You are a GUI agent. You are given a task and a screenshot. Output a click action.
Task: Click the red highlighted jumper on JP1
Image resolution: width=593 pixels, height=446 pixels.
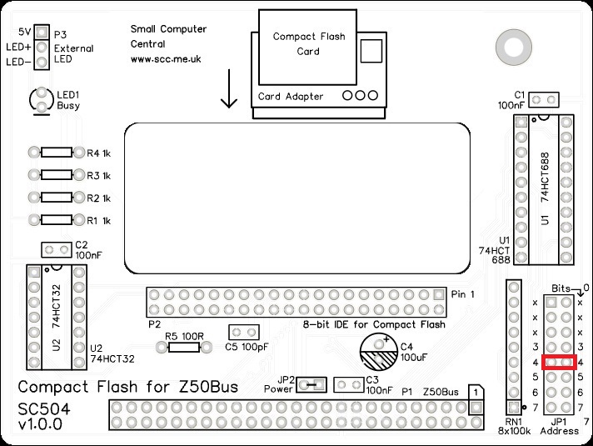pyautogui.click(x=559, y=362)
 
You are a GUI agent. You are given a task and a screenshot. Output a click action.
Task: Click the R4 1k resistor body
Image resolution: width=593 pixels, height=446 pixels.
pyautogui.click(x=57, y=153)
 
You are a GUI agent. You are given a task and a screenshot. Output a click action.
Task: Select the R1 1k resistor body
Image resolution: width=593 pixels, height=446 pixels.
pyautogui.click(x=57, y=220)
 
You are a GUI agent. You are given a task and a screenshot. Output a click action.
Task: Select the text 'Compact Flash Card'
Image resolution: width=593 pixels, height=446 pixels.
pyautogui.click(x=307, y=43)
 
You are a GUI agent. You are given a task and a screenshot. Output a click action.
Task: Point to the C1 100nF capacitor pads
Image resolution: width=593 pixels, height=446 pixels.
pyautogui.click(x=543, y=100)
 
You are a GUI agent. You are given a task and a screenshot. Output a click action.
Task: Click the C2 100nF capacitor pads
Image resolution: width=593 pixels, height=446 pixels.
pyautogui.click(x=57, y=250)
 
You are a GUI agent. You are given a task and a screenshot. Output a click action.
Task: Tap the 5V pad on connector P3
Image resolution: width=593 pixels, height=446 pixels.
pyautogui.click(x=42, y=32)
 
